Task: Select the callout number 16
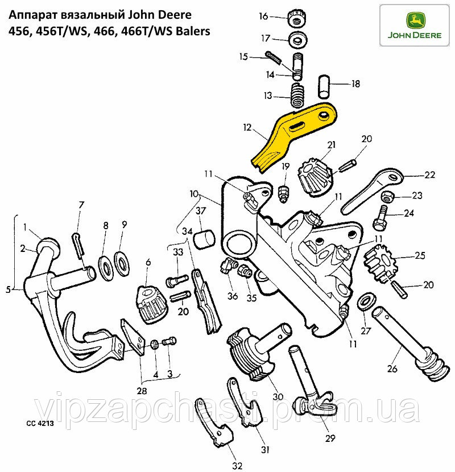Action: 263,16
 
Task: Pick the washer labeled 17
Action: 296,40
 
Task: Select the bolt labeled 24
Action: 382,217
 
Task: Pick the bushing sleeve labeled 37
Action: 203,240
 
